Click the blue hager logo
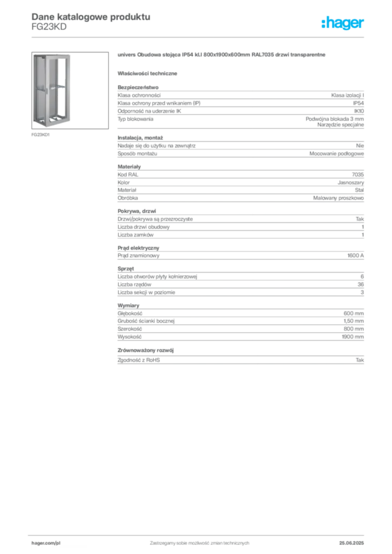pos(343,24)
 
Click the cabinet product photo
pos(51,89)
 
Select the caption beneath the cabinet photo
pos(41,134)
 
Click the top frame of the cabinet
pos(53,56)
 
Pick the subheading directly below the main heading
pos(149,73)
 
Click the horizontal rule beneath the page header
pos(199,37)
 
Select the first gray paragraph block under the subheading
pos(240,107)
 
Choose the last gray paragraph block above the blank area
pos(240,358)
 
